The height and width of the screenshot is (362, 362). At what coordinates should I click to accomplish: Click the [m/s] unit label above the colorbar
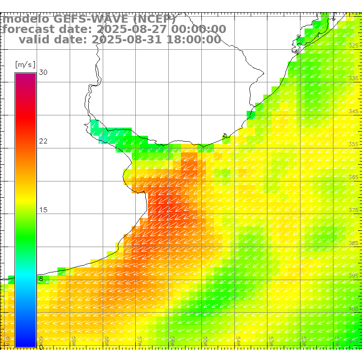[x=25, y=64]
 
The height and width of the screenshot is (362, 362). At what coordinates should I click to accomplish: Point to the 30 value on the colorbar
[x=43, y=72]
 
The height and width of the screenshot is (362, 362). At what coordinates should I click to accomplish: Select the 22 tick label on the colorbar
[x=43, y=141]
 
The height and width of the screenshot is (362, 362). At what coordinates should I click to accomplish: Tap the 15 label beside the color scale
[x=43, y=210]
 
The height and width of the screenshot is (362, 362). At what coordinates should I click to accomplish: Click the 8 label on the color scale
[x=41, y=279]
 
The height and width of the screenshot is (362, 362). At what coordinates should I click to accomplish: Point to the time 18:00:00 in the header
[x=193, y=40]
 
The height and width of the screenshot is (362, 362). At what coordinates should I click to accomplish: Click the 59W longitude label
[x=74, y=340]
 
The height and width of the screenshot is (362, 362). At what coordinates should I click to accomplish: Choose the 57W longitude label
[x=140, y=340]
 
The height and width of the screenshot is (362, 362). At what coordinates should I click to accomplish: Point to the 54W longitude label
[x=238, y=340]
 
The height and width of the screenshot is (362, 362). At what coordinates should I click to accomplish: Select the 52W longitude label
[x=305, y=340]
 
